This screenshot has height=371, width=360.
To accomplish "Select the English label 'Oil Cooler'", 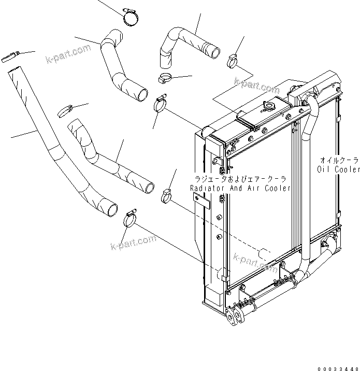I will (x=338, y=169).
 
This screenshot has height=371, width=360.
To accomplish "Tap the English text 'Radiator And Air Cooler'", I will (x=240, y=188).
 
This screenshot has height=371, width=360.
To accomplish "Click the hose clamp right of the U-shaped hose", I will (x=234, y=61).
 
